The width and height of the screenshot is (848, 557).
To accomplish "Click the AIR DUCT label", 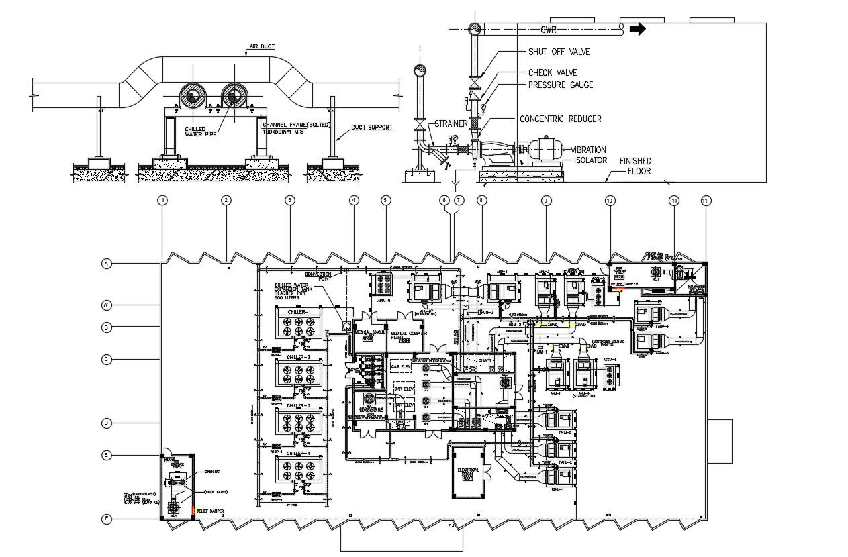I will (262, 48).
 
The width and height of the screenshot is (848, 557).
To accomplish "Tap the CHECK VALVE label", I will (553, 72).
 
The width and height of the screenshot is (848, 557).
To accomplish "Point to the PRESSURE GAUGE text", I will (561, 85).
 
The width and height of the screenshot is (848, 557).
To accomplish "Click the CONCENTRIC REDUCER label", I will (560, 119).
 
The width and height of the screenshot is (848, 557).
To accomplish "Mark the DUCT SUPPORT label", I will (372, 127).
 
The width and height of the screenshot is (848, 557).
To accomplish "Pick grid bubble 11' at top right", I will (705, 200).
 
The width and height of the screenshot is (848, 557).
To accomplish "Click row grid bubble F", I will (106, 518).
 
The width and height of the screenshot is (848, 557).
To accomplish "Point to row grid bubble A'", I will (106, 305).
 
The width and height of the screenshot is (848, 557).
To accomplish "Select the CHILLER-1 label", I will (299, 312).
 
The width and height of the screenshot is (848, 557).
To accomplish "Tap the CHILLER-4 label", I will (299, 454).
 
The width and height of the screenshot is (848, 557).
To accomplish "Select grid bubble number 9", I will (546, 200).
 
